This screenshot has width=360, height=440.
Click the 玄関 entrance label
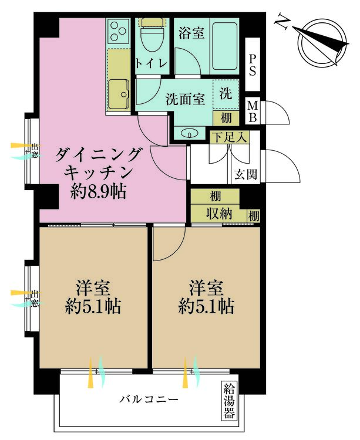[245, 174]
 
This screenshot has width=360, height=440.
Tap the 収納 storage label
[218, 215]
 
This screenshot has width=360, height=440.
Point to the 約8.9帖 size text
[99, 191]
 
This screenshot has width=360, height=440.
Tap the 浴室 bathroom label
[191, 33]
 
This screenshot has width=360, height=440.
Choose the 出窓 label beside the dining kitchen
[35, 152]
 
